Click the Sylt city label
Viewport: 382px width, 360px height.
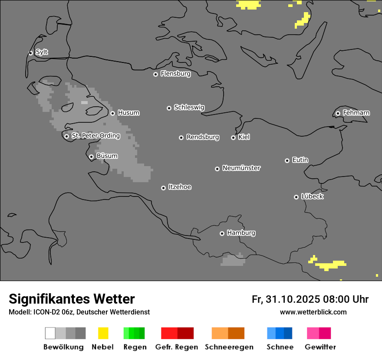[x=42, y=52]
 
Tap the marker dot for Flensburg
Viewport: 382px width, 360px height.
[x=155, y=74]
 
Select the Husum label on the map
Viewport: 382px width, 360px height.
[x=128, y=113]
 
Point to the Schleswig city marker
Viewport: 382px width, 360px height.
[x=169, y=108]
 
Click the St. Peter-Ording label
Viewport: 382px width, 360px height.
[x=95, y=136]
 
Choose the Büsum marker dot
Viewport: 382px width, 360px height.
[x=91, y=157]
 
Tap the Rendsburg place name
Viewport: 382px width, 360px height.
[x=203, y=137]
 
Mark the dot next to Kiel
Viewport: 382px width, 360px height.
[x=233, y=137]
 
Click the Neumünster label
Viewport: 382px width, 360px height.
[x=241, y=168]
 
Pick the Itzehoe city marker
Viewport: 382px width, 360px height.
[x=163, y=188]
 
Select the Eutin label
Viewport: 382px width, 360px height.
[x=300, y=160]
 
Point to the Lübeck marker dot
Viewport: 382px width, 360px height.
[x=296, y=197]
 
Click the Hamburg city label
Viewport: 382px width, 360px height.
[x=241, y=233]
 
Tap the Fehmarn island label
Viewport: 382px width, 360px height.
[x=356, y=113]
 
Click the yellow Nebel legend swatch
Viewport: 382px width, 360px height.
[x=103, y=333]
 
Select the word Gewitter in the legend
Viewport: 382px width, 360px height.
[x=320, y=347]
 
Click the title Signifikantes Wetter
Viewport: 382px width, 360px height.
[x=72, y=299]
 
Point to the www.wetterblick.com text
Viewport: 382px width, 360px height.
[x=313, y=312]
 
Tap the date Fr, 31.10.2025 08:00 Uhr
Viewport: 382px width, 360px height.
[x=310, y=299]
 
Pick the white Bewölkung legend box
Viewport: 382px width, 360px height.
[x=50, y=333]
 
